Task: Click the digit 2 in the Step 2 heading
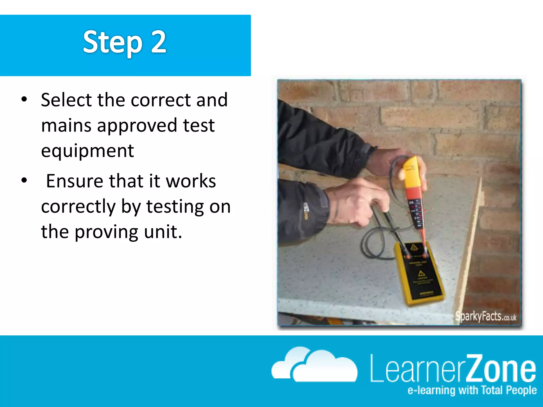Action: (x=159, y=42)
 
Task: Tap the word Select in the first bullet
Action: (x=66, y=100)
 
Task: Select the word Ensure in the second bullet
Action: (x=75, y=181)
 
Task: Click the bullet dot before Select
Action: (x=24, y=100)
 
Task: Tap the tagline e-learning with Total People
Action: (x=472, y=390)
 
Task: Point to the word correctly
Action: (x=78, y=207)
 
